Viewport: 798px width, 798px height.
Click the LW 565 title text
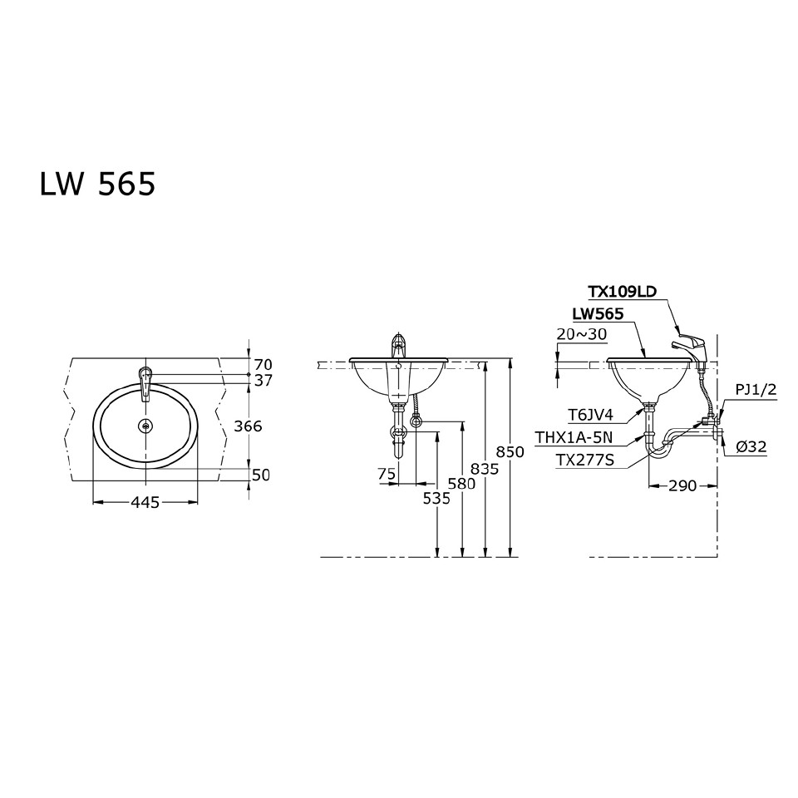pos(97,185)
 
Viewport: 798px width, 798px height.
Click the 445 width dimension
pos(145,502)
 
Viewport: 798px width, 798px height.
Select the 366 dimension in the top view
pos(248,426)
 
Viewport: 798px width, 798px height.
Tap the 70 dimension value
pos(263,364)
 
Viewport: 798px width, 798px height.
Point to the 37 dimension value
pos(263,380)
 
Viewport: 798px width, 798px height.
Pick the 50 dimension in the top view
pos(261,475)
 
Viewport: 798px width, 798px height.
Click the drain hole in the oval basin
pos(146,426)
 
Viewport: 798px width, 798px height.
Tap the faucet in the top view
pos(145,382)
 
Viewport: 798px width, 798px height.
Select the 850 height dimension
pos(510,452)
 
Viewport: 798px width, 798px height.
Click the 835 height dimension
pos(485,469)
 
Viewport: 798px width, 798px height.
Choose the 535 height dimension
pos(436,498)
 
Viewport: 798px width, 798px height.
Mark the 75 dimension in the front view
pos(386,473)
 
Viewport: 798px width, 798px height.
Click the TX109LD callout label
pos(623,292)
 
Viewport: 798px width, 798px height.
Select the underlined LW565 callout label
pos(598,314)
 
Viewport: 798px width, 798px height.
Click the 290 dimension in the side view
pos(682,485)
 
